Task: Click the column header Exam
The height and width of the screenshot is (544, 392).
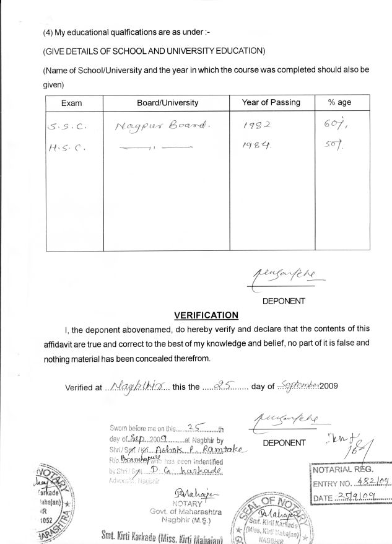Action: pos(72,103)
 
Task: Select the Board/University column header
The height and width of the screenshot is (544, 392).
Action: pos(167,103)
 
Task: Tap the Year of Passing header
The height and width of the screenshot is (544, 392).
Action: pos(271,102)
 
